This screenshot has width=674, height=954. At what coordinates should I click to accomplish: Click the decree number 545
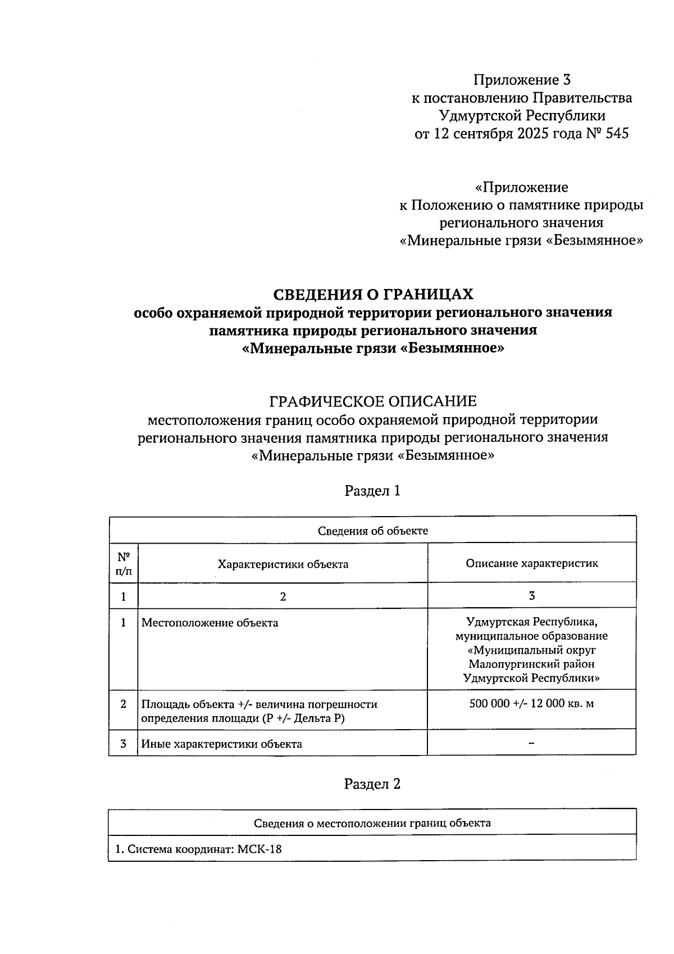click(617, 134)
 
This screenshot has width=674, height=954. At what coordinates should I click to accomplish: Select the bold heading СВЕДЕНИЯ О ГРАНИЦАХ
click(373, 294)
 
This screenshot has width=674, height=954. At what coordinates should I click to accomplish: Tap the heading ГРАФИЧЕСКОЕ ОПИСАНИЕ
click(373, 401)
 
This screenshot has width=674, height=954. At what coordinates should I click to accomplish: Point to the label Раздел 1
click(372, 491)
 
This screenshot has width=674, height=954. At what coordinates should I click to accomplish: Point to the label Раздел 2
click(372, 784)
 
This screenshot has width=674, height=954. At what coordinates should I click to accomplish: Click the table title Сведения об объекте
click(372, 531)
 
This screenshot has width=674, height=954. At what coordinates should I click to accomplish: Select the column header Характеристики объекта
click(283, 564)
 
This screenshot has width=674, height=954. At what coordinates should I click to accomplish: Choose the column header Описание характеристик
click(531, 563)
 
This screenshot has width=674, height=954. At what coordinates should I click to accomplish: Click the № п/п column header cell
click(123, 564)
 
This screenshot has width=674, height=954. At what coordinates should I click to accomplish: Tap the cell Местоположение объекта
click(210, 623)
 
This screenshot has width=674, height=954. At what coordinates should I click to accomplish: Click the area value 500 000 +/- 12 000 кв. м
click(531, 703)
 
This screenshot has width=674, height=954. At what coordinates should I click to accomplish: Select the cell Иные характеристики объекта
click(221, 744)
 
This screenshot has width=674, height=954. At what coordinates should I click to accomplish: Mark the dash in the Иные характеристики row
click(531, 743)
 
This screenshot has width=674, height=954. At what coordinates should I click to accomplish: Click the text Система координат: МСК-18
click(198, 849)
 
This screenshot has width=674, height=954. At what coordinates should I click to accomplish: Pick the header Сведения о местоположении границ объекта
click(372, 824)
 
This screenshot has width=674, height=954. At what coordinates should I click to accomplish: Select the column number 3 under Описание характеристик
click(531, 596)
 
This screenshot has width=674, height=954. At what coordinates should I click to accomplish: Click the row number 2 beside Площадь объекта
click(123, 704)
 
